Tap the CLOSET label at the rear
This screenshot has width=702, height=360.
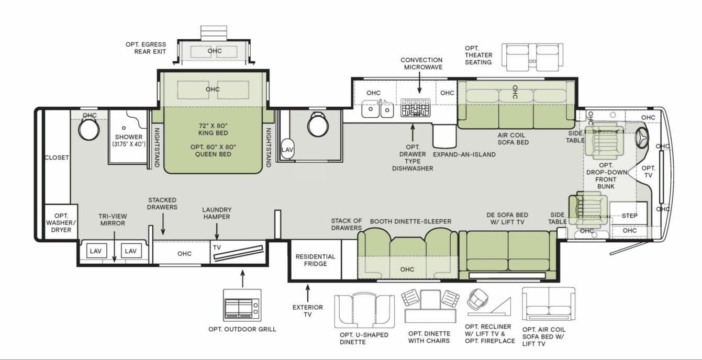[57, 158]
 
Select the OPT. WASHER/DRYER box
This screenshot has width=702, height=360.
[61, 222]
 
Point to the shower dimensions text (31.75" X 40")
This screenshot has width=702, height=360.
[129, 144]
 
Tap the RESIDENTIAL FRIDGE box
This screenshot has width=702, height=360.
[315, 260]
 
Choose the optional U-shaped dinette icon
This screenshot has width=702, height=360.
[364, 311]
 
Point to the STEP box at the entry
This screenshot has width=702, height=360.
[629, 215]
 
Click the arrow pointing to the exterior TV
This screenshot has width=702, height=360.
[308, 291]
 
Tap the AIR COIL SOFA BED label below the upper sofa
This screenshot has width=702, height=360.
[512, 138]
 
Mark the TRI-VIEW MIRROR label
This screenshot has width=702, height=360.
[112, 219]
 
